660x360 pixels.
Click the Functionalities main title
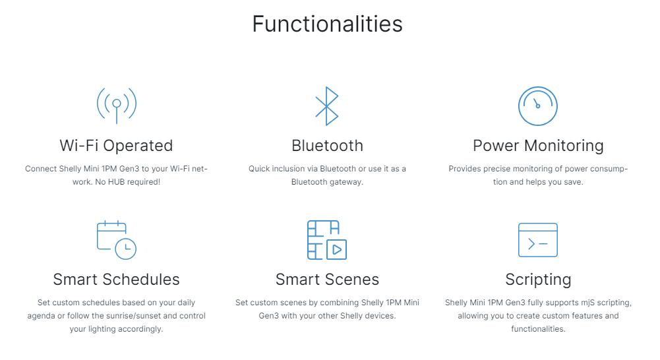tap(328, 24)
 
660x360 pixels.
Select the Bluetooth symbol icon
tap(327, 106)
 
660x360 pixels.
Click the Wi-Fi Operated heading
tap(116, 146)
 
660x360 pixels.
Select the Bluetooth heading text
tap(327, 146)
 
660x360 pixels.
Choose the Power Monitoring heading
tap(538, 146)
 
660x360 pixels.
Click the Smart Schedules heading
tap(116, 280)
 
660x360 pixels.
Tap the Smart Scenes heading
tap(327, 280)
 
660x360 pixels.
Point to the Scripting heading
tap(538, 280)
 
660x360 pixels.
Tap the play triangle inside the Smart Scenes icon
tap(337, 250)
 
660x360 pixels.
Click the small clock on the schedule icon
tap(125, 249)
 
